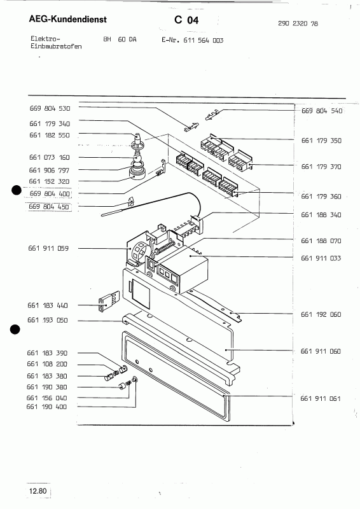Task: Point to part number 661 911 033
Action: [x=321, y=258]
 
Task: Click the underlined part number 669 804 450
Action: [x=50, y=206]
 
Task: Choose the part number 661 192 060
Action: [x=321, y=314]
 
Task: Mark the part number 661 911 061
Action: [x=321, y=398]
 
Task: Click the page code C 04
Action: [x=186, y=20]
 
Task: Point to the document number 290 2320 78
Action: [x=299, y=23]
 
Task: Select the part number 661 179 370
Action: [x=321, y=167]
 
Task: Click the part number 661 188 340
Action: [x=321, y=215]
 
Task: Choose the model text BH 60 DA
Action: [x=120, y=39]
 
